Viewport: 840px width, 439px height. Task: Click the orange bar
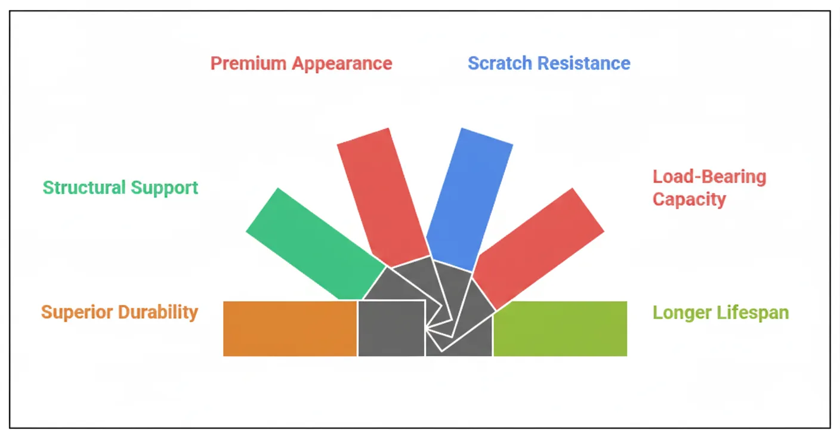tap(290, 329)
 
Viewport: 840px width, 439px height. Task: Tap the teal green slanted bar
tap(315, 243)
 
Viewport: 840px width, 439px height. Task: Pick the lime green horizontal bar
tap(560, 329)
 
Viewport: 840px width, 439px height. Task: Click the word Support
tap(165, 188)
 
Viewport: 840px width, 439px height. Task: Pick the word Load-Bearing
tap(709, 177)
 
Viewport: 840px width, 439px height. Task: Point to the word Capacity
tap(689, 199)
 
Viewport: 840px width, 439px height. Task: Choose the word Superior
tap(76, 312)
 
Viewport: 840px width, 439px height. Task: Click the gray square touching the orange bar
tap(391, 329)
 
